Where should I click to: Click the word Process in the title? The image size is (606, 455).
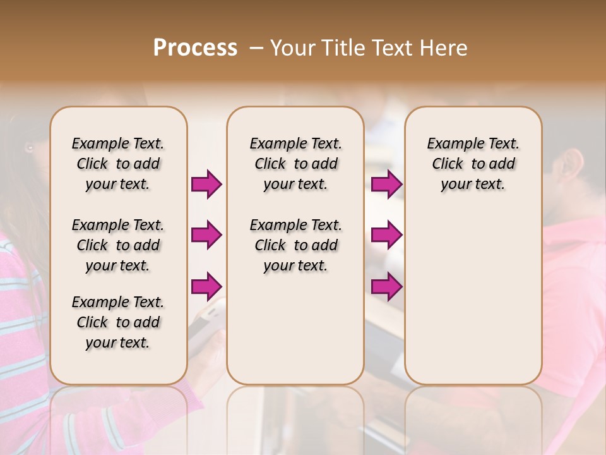coord(195,48)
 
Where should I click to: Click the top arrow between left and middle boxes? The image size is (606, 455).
coord(206,185)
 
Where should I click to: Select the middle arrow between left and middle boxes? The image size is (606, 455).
coord(206,235)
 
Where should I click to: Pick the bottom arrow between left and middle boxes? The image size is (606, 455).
coord(206,286)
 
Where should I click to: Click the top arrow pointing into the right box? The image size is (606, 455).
coord(386,185)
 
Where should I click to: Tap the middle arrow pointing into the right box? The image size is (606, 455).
coord(386,235)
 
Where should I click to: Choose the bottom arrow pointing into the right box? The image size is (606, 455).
coord(386,286)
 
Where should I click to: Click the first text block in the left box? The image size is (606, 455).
coord(118,164)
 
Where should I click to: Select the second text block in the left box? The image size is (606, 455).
coord(118,245)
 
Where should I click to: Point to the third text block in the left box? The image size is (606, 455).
coord(118,322)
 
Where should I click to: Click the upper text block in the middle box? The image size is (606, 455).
coord(295,164)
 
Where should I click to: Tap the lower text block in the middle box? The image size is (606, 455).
coord(295,245)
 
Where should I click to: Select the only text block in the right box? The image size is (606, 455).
coord(473,164)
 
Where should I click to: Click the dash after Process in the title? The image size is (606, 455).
coord(256,48)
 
